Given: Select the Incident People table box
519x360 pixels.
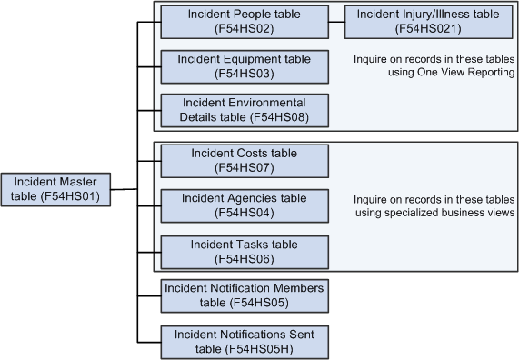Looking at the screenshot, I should [x=244, y=22].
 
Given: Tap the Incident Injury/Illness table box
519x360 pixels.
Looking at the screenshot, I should [x=427, y=22].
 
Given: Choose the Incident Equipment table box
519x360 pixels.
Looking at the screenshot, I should [x=244, y=66].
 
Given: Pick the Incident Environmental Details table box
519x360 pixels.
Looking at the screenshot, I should [x=244, y=110].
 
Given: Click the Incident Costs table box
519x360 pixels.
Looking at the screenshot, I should [x=244, y=161].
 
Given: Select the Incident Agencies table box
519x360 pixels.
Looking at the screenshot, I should [x=244, y=205].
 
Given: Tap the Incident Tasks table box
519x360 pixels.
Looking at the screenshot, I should [x=244, y=251].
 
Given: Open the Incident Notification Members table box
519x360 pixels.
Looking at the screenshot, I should [x=244, y=295].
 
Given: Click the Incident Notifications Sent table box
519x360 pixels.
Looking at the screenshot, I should [x=244, y=341].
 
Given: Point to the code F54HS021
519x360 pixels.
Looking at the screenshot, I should [x=427, y=29].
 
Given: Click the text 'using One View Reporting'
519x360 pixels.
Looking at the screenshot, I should [x=434, y=73].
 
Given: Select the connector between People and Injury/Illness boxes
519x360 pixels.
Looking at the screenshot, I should [x=336, y=22].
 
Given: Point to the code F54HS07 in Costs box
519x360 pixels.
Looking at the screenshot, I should [x=244, y=168].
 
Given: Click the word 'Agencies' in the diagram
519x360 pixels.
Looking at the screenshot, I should [x=257, y=198].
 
